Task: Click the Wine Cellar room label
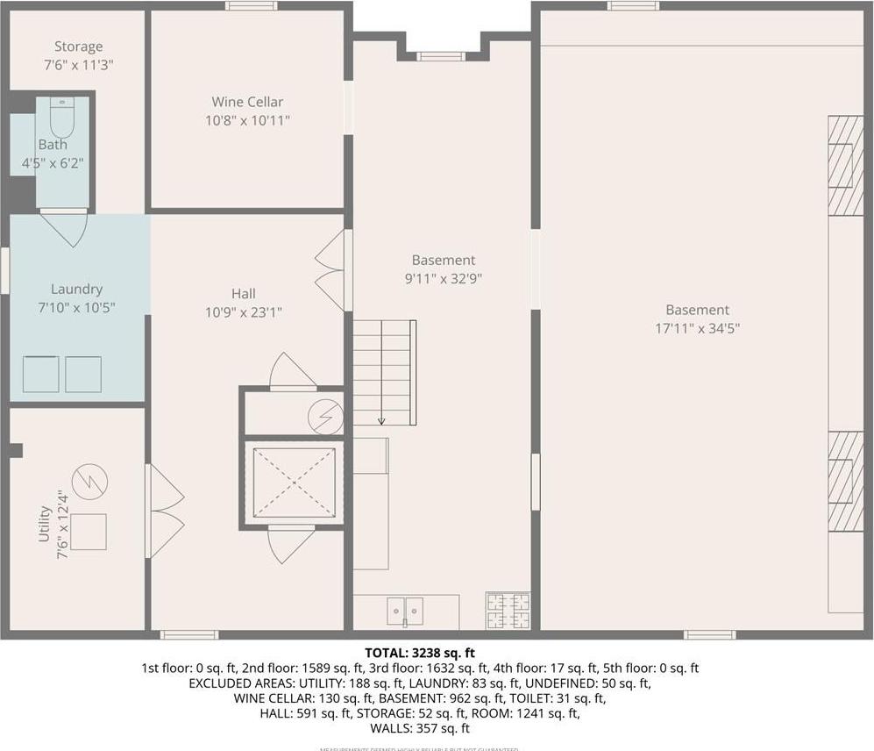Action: point(247,102)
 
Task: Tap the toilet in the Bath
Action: point(62,116)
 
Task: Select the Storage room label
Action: point(78,46)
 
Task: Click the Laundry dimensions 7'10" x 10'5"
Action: point(76,307)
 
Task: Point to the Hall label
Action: point(244,294)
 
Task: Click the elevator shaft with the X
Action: point(294,482)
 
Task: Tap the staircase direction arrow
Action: point(381,420)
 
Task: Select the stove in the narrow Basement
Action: point(508,611)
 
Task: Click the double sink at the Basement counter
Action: point(404,610)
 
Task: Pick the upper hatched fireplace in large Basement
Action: point(845,165)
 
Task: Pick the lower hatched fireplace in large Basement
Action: point(845,481)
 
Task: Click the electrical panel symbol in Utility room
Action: point(89,481)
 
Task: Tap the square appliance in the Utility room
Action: point(88,532)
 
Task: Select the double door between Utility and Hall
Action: point(165,511)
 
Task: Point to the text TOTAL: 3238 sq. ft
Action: point(420,653)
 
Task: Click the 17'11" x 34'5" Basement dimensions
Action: point(697,328)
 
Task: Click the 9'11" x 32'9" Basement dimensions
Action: point(444,278)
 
